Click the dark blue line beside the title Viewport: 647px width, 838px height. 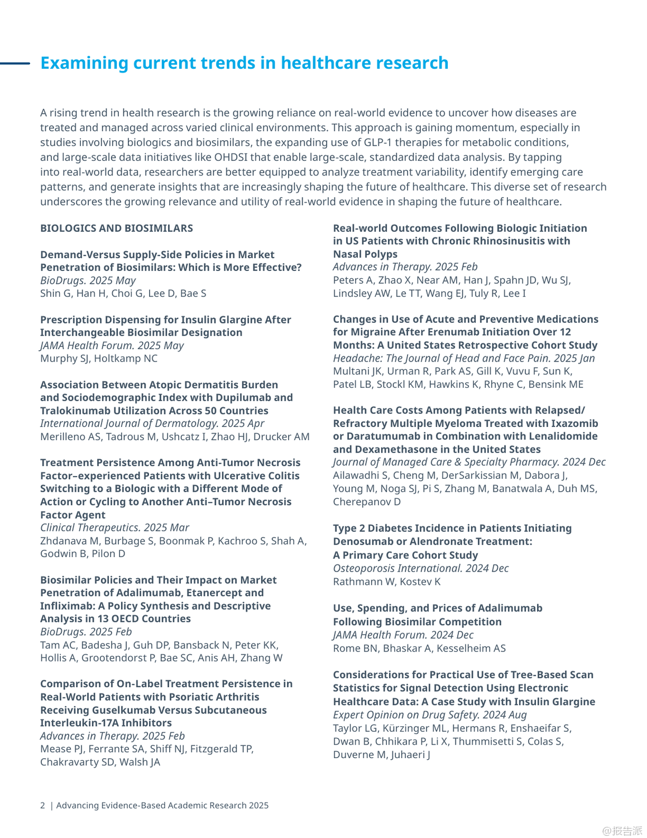[15, 63]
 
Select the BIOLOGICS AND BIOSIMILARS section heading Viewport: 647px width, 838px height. [117, 228]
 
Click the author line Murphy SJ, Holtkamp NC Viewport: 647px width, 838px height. [99, 358]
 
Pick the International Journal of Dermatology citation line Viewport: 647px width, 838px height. [152, 423]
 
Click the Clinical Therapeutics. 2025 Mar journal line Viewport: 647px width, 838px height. [114, 527]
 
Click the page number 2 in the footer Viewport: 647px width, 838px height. [42, 805]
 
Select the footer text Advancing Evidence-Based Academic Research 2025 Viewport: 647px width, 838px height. [162, 805]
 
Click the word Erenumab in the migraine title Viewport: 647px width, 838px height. [466, 332]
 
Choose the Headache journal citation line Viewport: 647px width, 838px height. [464, 358]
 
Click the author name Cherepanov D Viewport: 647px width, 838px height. [367, 502]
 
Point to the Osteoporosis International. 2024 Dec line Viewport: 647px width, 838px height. [421, 568]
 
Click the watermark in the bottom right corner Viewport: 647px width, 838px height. [622, 831]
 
